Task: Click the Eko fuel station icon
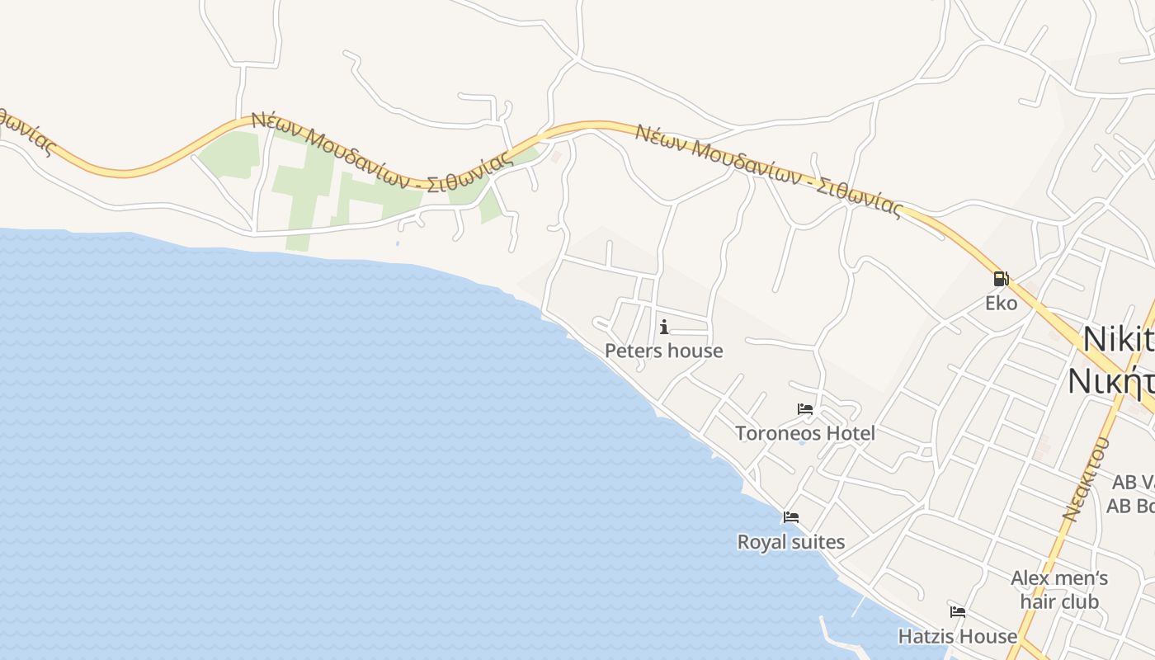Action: (1001, 279)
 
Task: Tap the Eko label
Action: (1001, 303)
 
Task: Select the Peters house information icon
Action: (664, 327)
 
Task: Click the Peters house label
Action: (663, 351)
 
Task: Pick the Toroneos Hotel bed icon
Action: (805, 409)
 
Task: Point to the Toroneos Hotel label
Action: (804, 433)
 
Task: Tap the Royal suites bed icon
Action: (791, 517)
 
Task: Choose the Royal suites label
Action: (790, 542)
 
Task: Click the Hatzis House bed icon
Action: (958, 612)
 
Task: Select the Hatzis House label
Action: (957, 636)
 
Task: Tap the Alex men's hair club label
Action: (1059, 589)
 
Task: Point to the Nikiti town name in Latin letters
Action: (1118, 339)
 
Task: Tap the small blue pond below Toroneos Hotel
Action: (801, 443)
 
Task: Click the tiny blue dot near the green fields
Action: (397, 243)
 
